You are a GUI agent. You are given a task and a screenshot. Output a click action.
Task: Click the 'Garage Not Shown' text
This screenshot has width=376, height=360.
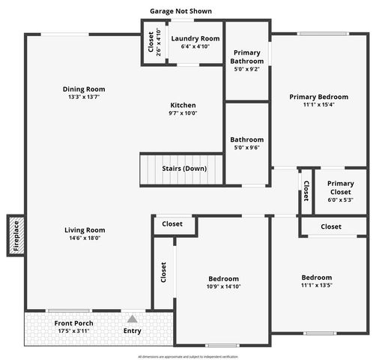coord(180,11)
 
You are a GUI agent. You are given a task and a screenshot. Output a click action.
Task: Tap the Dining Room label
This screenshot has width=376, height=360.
coord(84,88)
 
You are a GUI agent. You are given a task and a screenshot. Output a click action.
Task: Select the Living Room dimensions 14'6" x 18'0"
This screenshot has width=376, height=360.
coord(84,238)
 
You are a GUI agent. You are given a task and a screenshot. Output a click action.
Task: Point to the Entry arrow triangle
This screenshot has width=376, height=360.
coord(132,319)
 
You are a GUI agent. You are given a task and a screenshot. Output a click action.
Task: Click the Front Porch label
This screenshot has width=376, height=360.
coord(74,323)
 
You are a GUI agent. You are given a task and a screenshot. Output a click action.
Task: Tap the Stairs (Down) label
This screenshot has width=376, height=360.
coord(184,169)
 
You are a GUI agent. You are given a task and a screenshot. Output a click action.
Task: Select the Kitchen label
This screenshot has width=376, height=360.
coord(183,105)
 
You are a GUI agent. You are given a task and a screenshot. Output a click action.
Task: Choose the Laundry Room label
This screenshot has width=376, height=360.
coord(195,38)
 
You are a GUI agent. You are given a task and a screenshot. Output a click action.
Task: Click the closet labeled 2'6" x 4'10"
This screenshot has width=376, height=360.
coord(151,43)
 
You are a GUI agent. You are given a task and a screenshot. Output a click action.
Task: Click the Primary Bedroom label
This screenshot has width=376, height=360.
coord(319,97)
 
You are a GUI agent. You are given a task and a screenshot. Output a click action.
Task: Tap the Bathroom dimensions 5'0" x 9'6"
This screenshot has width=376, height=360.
coord(246,148)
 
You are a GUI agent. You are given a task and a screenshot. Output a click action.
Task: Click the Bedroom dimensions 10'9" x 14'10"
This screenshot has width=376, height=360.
coord(224,286)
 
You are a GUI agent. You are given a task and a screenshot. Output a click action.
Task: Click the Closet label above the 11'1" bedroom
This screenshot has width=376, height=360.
coord(331,226)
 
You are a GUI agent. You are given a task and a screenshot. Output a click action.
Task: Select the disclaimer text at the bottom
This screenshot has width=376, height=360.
coord(188,356)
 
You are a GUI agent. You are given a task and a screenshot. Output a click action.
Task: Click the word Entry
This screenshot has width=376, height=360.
coord(132,331)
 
